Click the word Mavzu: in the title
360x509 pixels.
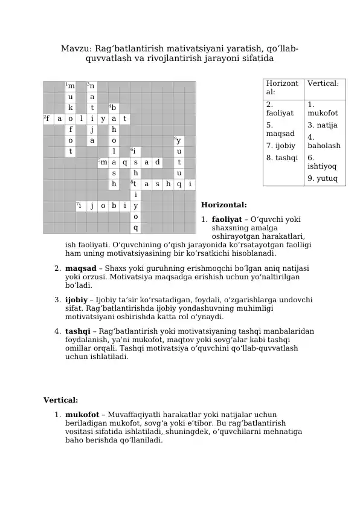pos(76,48)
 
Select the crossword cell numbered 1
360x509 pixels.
pos(71,86)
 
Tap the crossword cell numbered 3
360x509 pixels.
pos(92,86)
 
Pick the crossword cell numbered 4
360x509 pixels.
pos(114,108)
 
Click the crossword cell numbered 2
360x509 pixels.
pos(48,119)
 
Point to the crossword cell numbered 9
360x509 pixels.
pos(179,141)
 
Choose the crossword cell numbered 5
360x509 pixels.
pos(103,163)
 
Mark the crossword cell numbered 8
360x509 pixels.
pos(135,184)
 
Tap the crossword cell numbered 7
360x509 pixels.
pos(81,206)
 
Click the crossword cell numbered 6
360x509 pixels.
pos(135,152)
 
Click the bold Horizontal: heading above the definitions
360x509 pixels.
pos(223,206)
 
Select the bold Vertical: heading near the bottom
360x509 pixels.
pos(60,400)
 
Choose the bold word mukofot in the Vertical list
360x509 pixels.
pos(82,415)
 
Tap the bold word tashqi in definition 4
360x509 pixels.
pos(77,331)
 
